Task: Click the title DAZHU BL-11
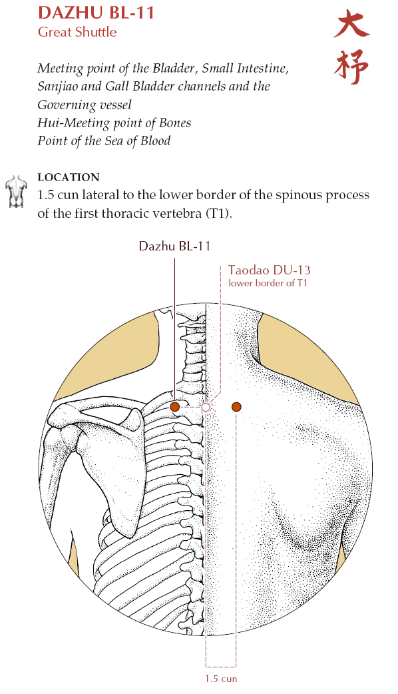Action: tap(96, 12)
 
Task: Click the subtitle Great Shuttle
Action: tap(77, 32)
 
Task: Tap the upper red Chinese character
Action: tap(351, 25)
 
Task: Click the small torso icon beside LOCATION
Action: tap(17, 191)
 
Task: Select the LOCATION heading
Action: tap(69, 177)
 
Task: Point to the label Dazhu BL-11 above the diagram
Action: tap(174, 246)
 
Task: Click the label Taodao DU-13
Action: tap(270, 270)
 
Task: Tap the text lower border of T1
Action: tap(268, 283)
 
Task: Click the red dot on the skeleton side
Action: tap(174, 407)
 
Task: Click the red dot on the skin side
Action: tap(236, 407)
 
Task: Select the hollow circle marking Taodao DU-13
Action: tap(206, 407)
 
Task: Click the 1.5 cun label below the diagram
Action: tap(221, 679)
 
